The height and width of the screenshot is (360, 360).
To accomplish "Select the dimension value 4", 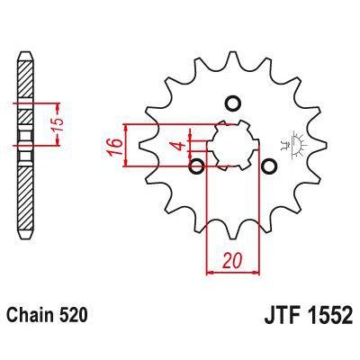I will [x=180, y=146].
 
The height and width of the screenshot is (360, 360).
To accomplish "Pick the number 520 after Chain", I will [x=75, y=317].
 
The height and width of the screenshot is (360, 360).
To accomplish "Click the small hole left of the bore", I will [x=197, y=166].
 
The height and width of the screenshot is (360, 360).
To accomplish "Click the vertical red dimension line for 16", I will [x=130, y=144].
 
